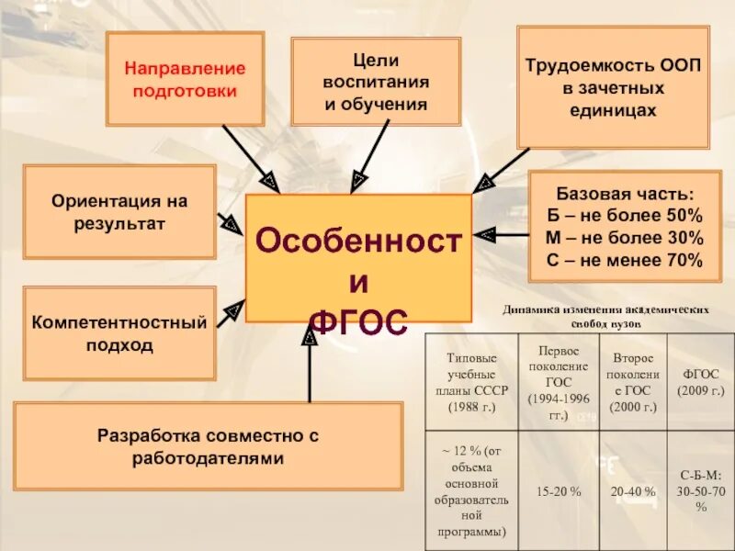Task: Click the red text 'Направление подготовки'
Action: pyautogui.click(x=186, y=80)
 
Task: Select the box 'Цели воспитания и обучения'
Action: pyautogui.click(x=376, y=82)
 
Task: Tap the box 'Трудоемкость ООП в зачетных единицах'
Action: pyautogui.click(x=613, y=88)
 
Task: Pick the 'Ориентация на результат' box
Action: pyautogui.click(x=119, y=212)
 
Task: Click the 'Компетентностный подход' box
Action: pyautogui.click(x=119, y=333)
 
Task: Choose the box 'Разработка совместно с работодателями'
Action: pyautogui.click(x=208, y=445)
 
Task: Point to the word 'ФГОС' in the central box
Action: pyautogui.click(x=358, y=321)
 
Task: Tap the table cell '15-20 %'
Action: pyautogui.click(x=560, y=491)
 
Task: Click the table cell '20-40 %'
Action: pyautogui.click(x=633, y=491)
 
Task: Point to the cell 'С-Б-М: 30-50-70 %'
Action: pyautogui.click(x=701, y=491)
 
